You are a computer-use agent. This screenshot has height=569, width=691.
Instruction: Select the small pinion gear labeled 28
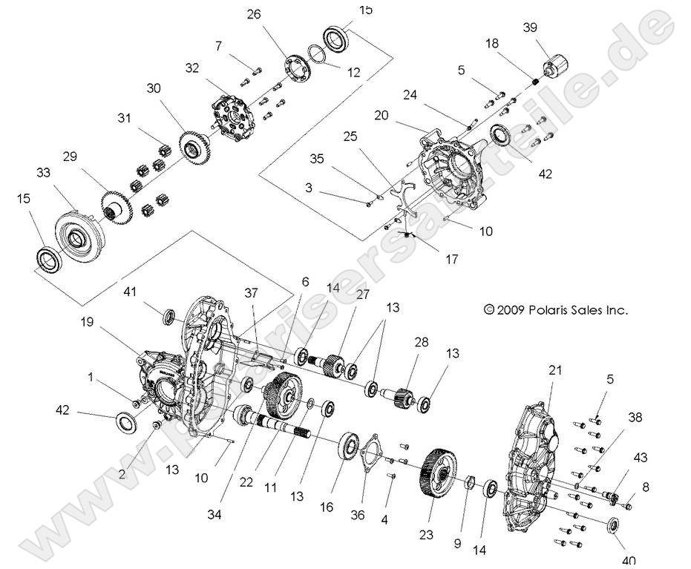pyautogui.click(x=401, y=398)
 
